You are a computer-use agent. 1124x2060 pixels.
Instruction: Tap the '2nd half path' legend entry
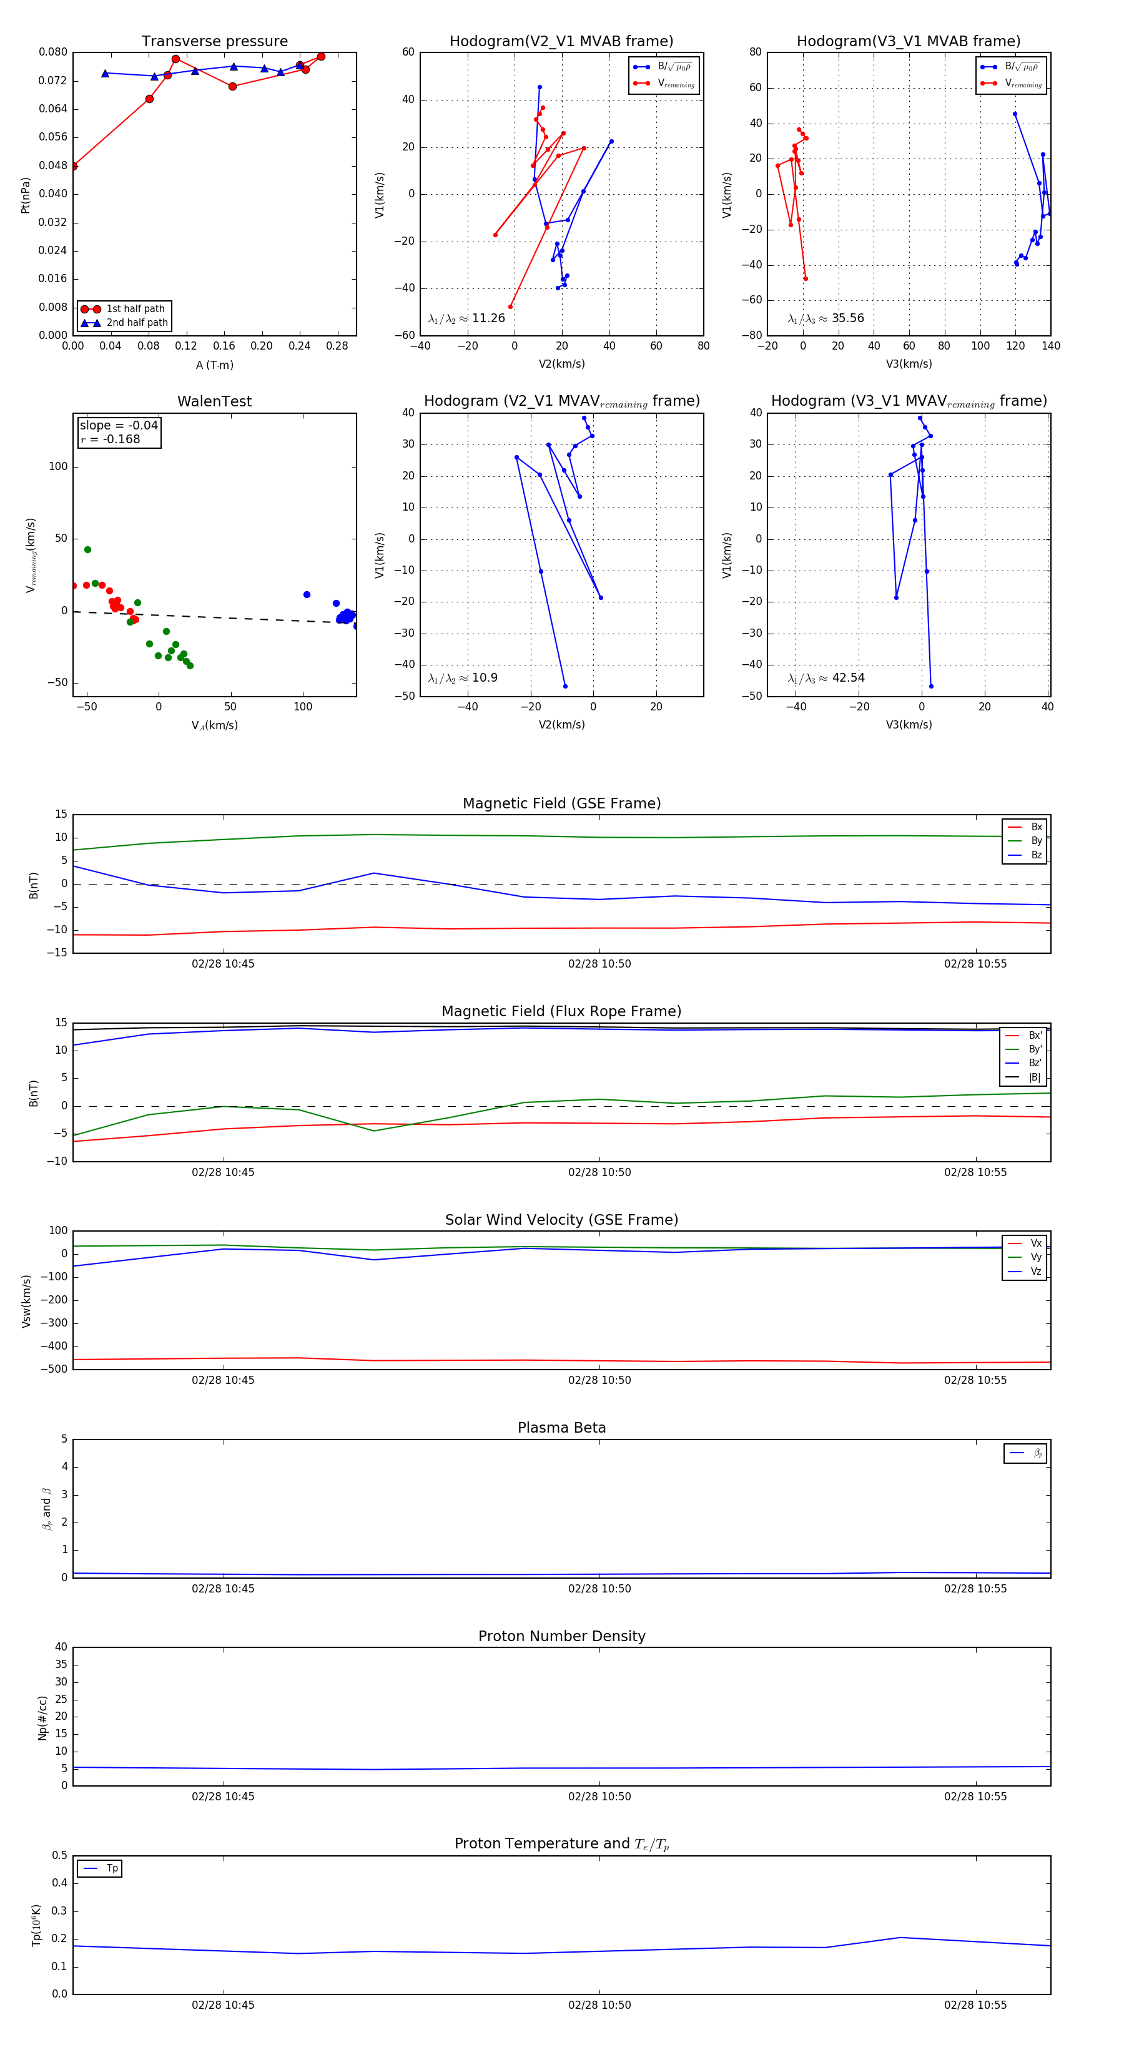click(137, 323)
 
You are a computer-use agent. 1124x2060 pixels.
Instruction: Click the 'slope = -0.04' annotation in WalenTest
click(119, 426)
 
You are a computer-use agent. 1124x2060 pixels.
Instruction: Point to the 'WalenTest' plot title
click(214, 401)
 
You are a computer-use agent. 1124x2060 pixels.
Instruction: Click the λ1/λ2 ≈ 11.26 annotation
click(466, 318)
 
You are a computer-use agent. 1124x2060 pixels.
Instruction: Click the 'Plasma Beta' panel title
click(561, 1428)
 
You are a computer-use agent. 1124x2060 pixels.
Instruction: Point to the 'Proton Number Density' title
click(561, 1636)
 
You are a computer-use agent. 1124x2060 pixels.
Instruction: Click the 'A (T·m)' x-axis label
click(214, 365)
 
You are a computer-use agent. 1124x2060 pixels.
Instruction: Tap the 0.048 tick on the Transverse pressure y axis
click(53, 165)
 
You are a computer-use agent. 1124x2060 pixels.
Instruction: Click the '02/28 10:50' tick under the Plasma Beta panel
click(599, 1588)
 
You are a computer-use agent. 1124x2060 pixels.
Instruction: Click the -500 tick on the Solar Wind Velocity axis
click(53, 1369)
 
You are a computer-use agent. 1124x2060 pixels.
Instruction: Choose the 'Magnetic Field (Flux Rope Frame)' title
click(561, 1012)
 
